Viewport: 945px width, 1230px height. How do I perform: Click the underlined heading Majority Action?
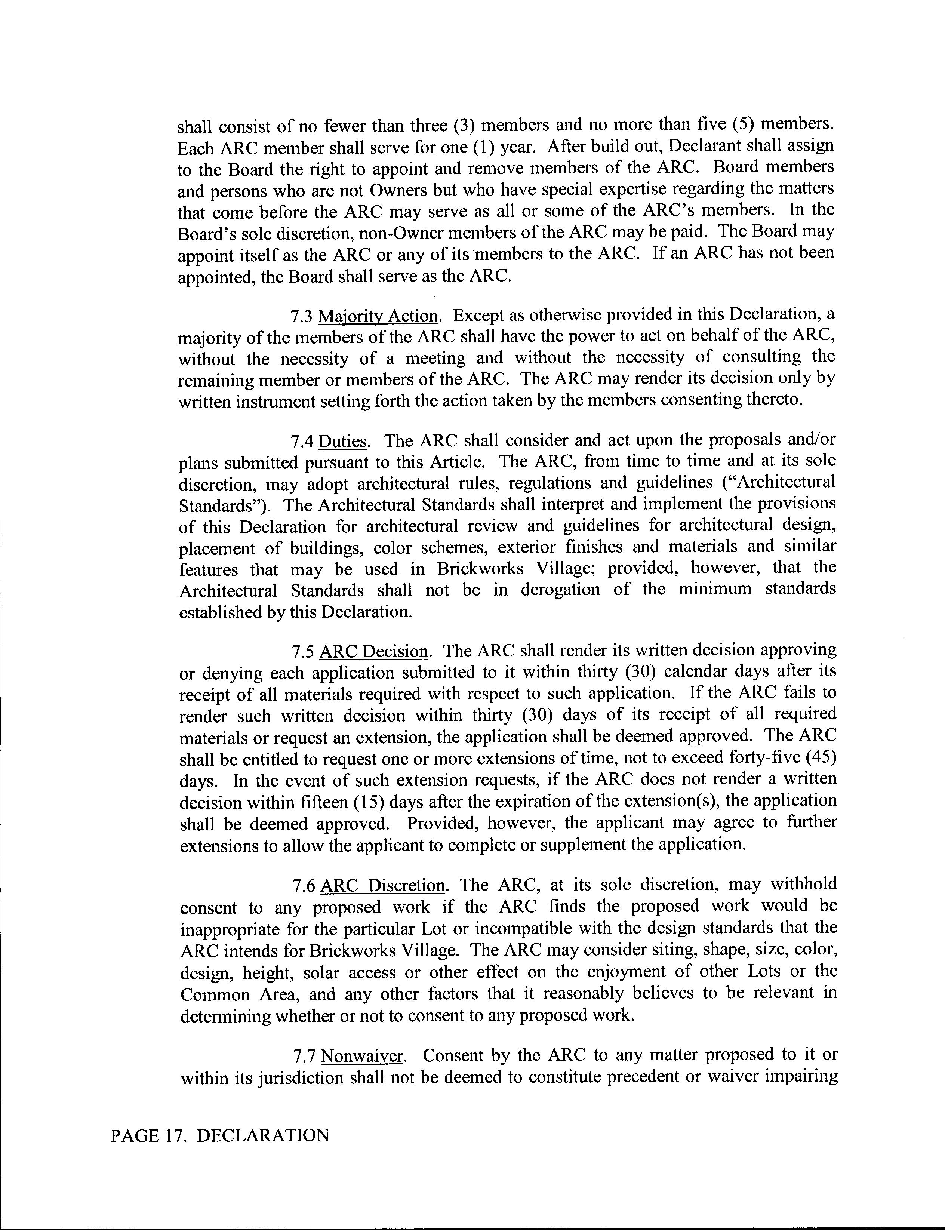[x=378, y=316]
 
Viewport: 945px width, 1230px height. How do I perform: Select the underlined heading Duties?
[x=343, y=440]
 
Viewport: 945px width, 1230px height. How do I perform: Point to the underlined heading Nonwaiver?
[x=363, y=1056]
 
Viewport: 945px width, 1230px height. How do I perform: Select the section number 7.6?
[x=304, y=886]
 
